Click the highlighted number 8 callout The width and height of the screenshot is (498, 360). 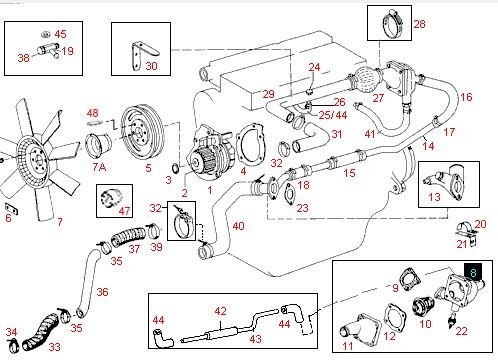click(x=473, y=272)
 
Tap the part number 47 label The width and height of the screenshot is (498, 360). click(x=124, y=211)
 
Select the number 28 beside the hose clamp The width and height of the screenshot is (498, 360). click(x=419, y=24)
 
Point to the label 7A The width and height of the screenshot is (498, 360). click(x=99, y=167)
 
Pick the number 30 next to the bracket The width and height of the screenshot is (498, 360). click(x=151, y=66)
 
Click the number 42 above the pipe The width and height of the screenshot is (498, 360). click(x=220, y=311)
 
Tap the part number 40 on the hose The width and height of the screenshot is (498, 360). click(x=238, y=226)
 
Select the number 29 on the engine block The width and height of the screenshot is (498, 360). click(x=268, y=94)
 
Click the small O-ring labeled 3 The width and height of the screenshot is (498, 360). click(x=176, y=168)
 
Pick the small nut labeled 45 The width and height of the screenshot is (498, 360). click(x=45, y=34)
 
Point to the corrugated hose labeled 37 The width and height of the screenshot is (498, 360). click(x=128, y=237)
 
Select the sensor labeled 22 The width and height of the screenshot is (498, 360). click(x=453, y=319)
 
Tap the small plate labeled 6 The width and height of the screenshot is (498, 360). click(x=12, y=209)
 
